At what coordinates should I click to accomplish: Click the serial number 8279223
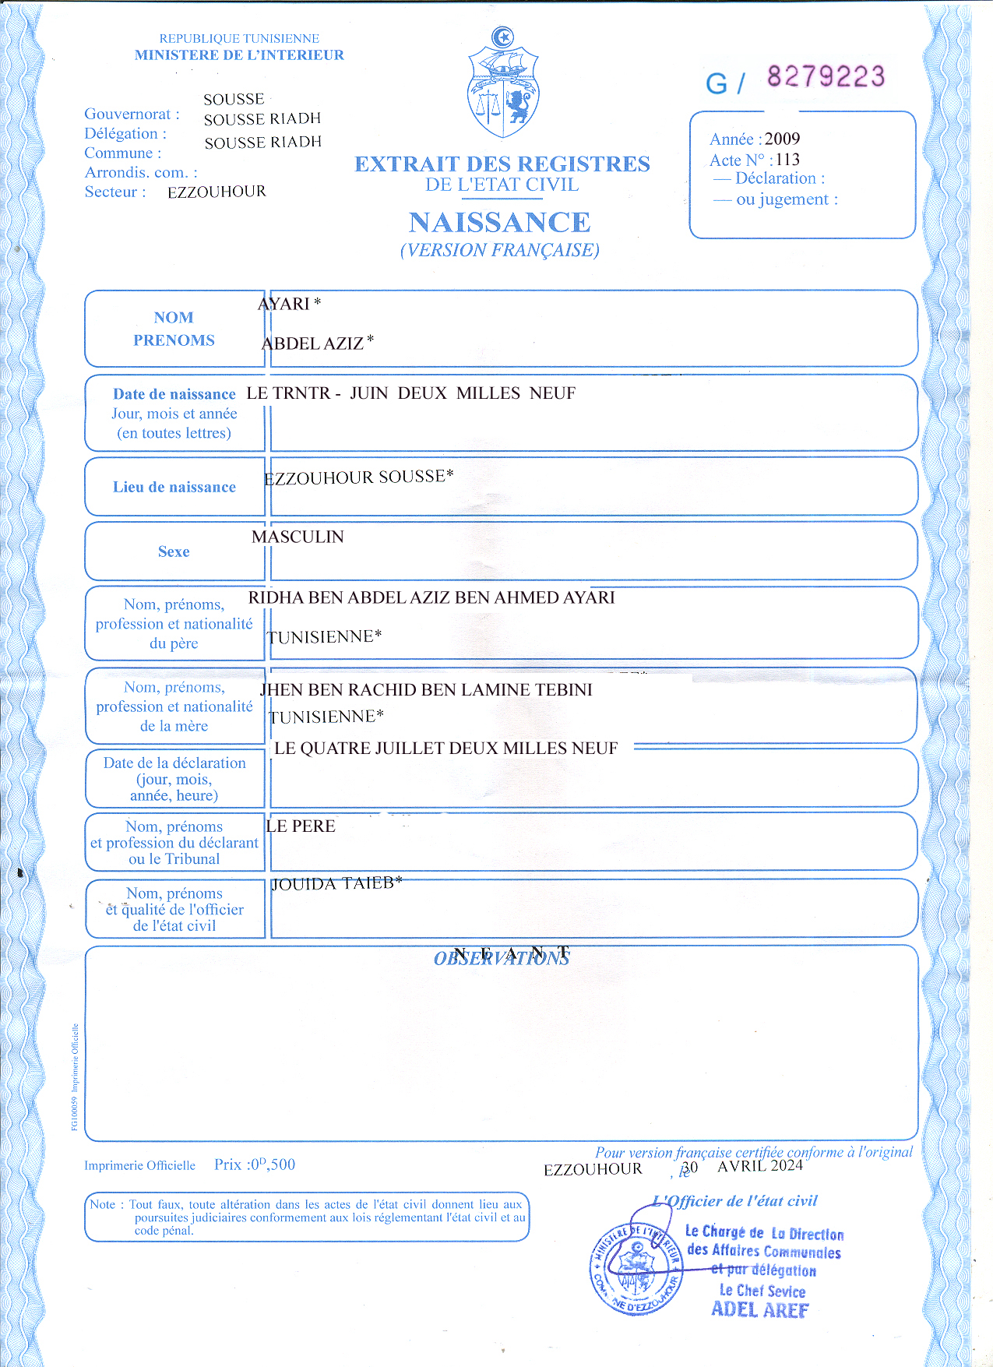pyautogui.click(x=826, y=76)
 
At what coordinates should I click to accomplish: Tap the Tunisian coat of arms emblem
pyautogui.click(x=503, y=84)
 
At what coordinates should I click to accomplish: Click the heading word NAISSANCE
pyautogui.click(x=499, y=223)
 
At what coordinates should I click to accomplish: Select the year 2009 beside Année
pyautogui.click(x=782, y=139)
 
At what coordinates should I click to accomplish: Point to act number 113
pyautogui.click(x=787, y=160)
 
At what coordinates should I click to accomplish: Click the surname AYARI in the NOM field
pyautogui.click(x=284, y=304)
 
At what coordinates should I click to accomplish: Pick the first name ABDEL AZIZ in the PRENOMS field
pyautogui.click(x=313, y=344)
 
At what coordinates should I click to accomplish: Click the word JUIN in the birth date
pyautogui.click(x=368, y=393)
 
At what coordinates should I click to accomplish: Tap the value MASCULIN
pyautogui.click(x=298, y=537)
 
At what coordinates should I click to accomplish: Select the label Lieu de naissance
pyautogui.click(x=174, y=487)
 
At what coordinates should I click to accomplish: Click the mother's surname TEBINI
pyautogui.click(x=564, y=689)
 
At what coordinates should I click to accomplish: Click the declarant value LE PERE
pyautogui.click(x=301, y=826)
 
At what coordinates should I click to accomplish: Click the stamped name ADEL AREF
pyautogui.click(x=759, y=1309)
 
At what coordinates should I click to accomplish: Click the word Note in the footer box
pyautogui.click(x=102, y=1204)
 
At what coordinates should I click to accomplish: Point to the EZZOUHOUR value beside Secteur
pyautogui.click(x=217, y=192)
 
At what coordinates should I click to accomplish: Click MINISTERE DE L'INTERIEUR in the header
pyautogui.click(x=239, y=55)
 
